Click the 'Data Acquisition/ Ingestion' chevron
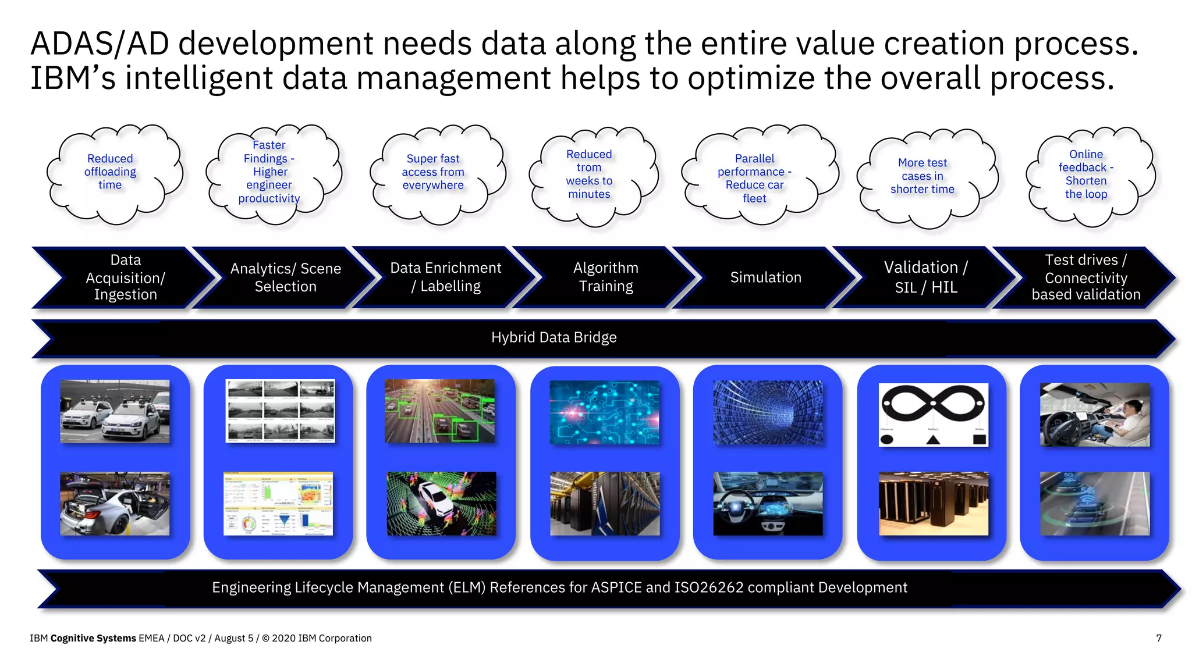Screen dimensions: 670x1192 pos(126,277)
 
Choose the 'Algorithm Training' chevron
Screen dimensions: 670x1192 pos(605,277)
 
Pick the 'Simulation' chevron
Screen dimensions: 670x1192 pos(765,278)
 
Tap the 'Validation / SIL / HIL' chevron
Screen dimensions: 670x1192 pos(925,277)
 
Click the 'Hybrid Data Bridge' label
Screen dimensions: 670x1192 pos(554,337)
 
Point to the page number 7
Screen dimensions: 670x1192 pos(1158,638)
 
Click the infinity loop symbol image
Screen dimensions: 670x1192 pos(933,414)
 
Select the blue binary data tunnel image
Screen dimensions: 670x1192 pos(768,413)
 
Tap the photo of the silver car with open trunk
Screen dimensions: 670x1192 pos(115,504)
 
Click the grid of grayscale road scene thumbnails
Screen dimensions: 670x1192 pos(280,411)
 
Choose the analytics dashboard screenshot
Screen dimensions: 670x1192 pos(278,504)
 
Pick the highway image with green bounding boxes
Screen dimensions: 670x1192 pos(439,411)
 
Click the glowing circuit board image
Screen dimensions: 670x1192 pos(605,413)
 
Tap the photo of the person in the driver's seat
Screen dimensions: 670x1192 pos(1095,415)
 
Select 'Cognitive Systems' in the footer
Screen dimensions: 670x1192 pos(93,638)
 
